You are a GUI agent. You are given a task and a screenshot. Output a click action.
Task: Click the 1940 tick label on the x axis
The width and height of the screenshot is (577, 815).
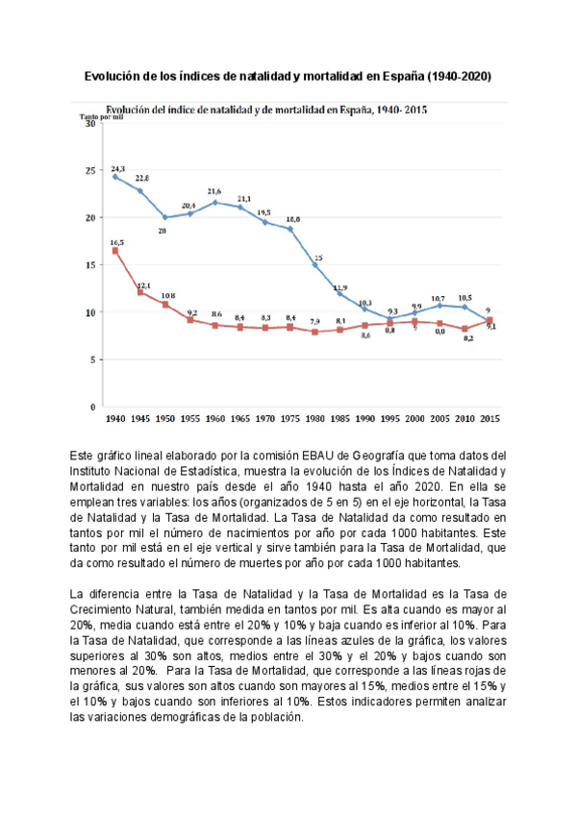(x=114, y=419)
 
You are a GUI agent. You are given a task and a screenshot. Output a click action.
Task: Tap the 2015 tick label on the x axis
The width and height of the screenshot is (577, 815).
(x=489, y=419)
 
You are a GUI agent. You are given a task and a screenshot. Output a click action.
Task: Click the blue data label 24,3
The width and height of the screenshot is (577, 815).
(x=118, y=167)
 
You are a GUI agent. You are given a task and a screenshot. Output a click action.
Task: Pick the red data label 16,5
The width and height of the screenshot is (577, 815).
(x=116, y=242)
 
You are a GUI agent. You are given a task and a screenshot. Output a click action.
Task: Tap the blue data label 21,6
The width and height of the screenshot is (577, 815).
(x=215, y=191)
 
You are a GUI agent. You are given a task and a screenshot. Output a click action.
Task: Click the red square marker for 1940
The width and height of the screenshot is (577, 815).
(x=115, y=251)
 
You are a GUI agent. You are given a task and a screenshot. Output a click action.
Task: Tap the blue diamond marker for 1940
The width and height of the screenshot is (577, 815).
(x=115, y=177)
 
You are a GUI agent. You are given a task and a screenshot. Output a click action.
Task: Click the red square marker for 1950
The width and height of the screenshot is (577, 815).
(x=165, y=305)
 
